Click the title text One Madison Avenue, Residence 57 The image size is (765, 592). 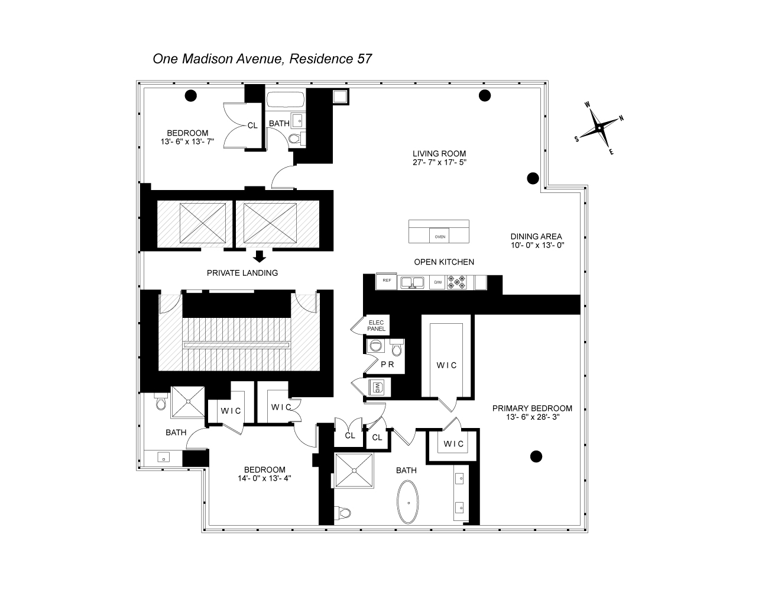(262, 59)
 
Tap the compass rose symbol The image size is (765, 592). (599, 127)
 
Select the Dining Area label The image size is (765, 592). (536, 236)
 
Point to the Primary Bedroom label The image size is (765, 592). (533, 408)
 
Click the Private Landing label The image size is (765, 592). (242, 273)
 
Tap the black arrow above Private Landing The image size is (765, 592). (259, 256)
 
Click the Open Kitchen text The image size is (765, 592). (443, 262)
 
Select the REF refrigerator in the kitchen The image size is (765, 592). (387, 282)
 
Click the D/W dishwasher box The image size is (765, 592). (438, 282)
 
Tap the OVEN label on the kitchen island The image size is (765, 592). (440, 236)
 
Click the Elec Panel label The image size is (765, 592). (376, 326)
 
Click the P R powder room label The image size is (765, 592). (387, 365)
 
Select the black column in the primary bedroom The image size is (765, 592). (536, 456)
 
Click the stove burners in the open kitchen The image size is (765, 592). (458, 282)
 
